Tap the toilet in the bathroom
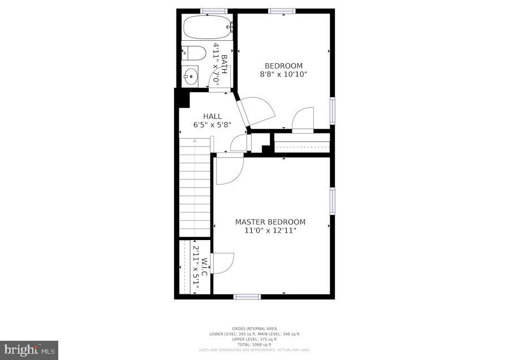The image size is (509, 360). (x=193, y=53)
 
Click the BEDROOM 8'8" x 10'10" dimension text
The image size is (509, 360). (x=283, y=74)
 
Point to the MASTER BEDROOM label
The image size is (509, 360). (x=270, y=222)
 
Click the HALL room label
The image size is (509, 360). (x=208, y=117)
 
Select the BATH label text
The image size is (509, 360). (x=224, y=64)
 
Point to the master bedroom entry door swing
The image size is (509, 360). (x=228, y=168)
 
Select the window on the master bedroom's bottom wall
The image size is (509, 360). (x=247, y=297)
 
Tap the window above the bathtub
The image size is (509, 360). (x=214, y=11)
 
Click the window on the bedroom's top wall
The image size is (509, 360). (x=282, y=11)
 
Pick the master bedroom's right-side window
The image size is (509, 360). (x=332, y=201)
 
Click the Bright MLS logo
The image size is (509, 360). (x=29, y=350)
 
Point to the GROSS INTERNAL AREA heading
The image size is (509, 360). (x=254, y=328)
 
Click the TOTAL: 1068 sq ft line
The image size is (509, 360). (x=254, y=345)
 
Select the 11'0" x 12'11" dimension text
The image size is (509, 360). (x=270, y=230)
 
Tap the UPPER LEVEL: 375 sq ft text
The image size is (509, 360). (x=254, y=339)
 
